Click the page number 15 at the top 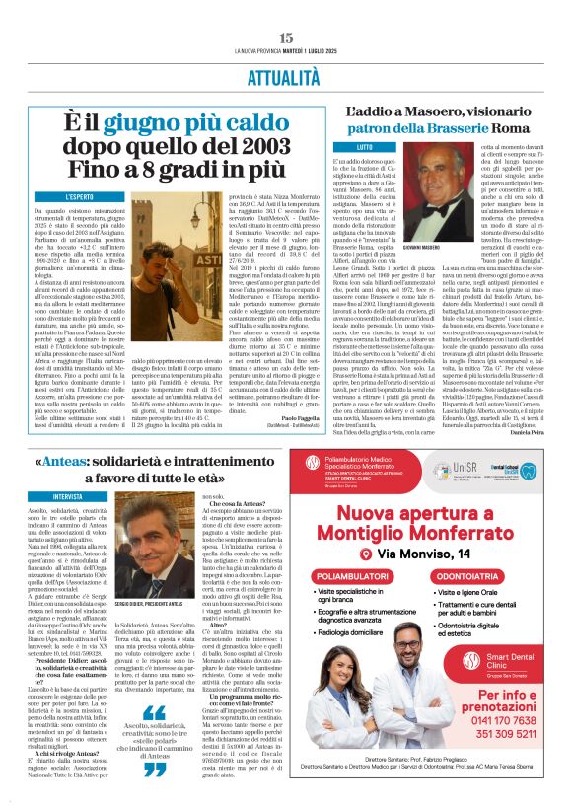coord(286,37)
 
